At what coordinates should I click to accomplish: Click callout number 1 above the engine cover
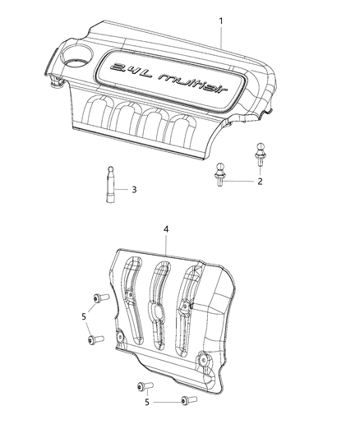point(219,19)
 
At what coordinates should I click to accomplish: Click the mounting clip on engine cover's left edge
point(54,83)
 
